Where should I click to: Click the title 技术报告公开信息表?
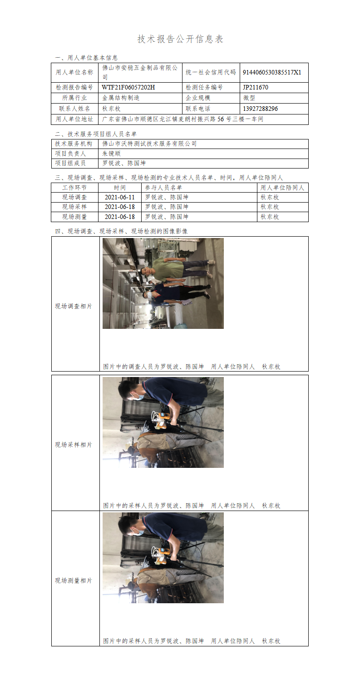coord(180,39)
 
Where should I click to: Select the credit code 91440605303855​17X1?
coord(272,72)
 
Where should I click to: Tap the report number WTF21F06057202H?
coord(128,87)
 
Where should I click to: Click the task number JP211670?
coord(256,87)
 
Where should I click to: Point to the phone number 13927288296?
coord(260,109)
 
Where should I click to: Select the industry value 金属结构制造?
coord(121,98)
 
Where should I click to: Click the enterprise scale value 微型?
coord(249,98)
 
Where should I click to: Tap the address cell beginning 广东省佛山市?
coord(182,119)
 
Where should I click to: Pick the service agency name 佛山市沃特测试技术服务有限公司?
coord(149,144)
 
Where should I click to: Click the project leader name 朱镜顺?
coord(111,154)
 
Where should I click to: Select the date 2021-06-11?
coord(119,197)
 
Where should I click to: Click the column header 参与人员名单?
coord(163,188)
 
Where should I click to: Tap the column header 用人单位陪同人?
coord(282,188)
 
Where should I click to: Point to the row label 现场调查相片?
coord(74,306)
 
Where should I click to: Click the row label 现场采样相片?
coord(74,445)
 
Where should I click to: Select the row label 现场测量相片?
coord(74,581)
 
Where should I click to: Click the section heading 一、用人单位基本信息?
coord(86,58)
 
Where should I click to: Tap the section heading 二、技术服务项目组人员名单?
coord(96,134)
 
